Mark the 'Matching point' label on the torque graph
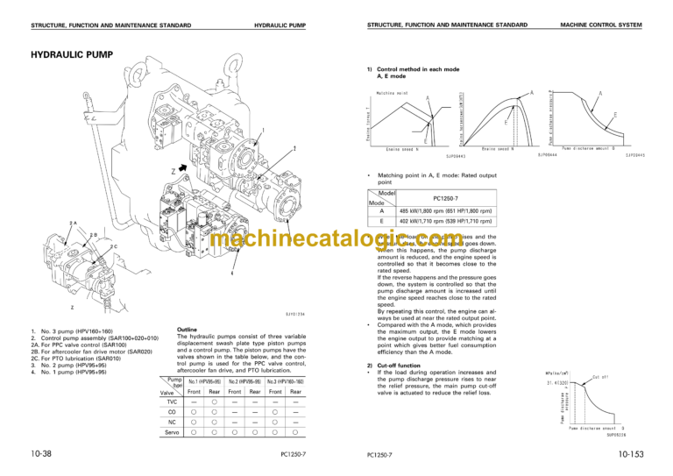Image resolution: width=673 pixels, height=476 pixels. pos(392,91)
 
